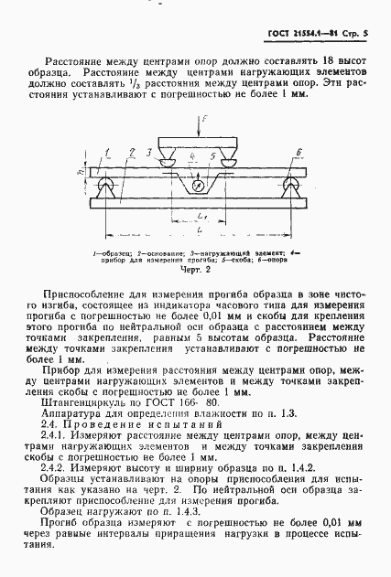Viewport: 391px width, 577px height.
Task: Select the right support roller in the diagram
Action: [292, 187]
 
